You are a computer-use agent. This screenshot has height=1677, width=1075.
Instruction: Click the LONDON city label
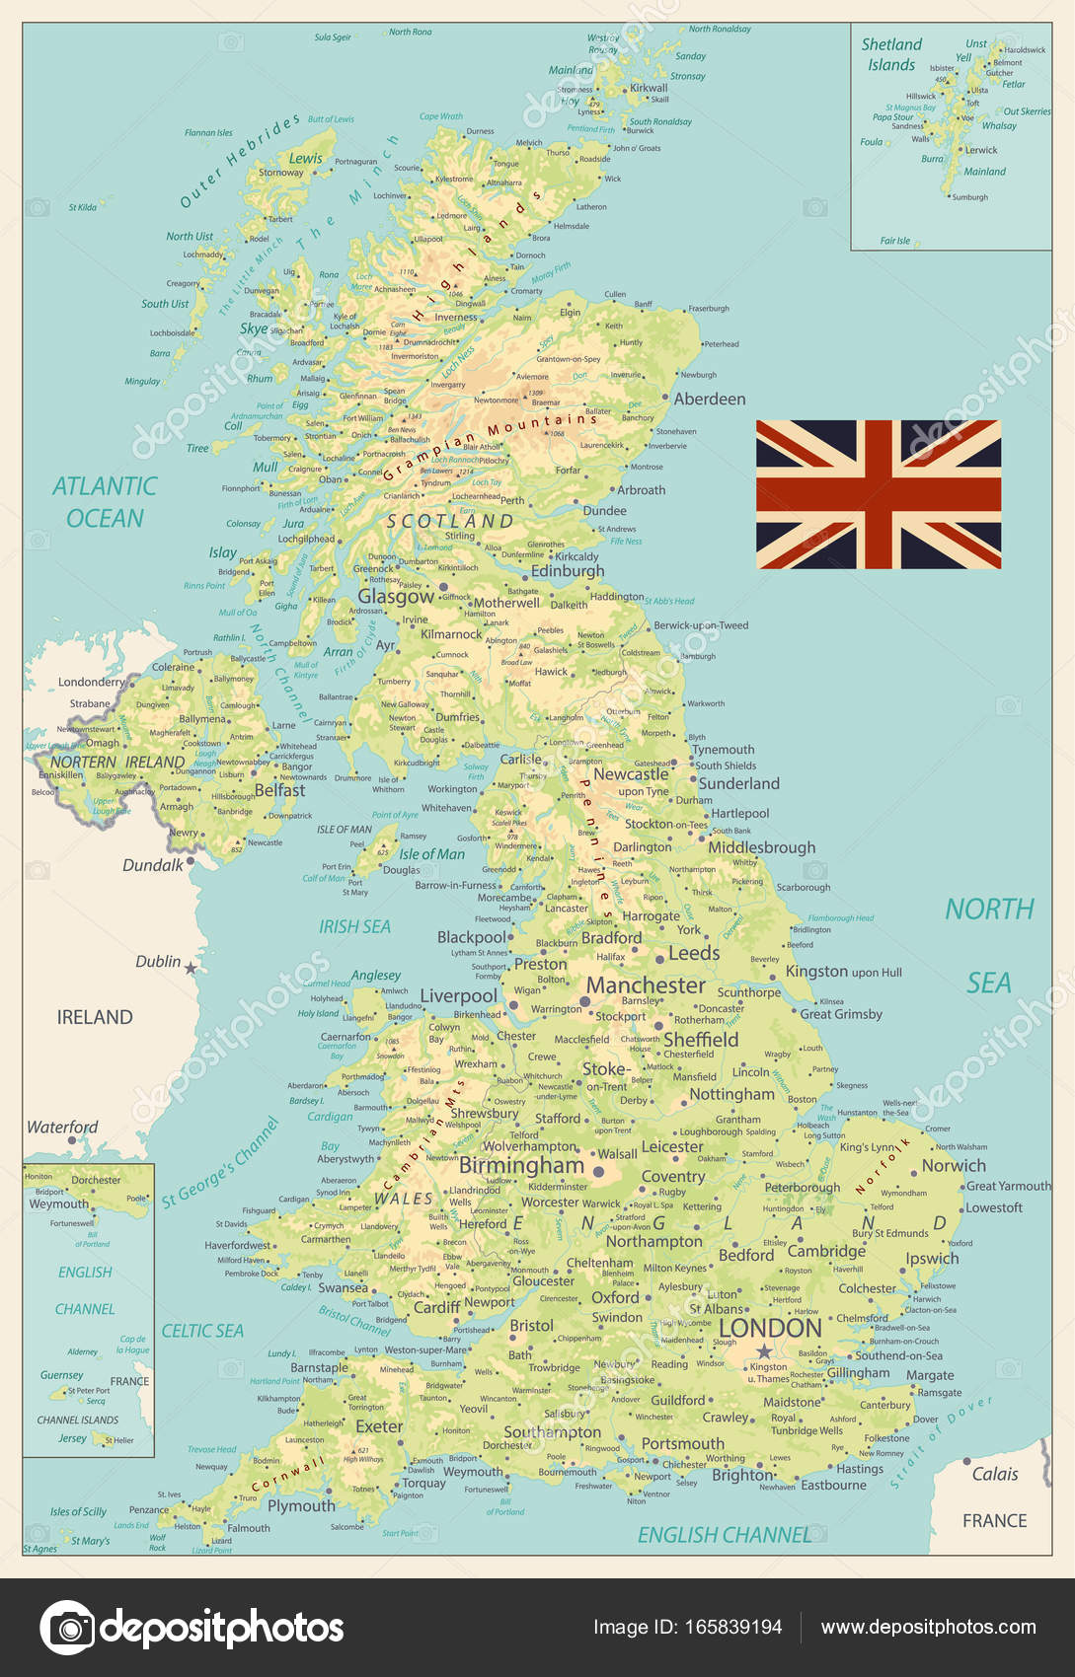coord(770,1328)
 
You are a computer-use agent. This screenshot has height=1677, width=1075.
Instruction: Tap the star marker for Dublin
coord(191,969)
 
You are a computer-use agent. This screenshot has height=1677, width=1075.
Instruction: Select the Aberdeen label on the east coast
coord(710,399)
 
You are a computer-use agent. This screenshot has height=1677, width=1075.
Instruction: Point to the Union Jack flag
coord(879,494)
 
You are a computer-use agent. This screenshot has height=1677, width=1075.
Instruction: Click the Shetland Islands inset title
coord(891,54)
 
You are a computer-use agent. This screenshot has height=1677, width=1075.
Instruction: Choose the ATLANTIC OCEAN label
coord(105,501)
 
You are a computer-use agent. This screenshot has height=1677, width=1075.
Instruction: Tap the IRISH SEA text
coord(354,926)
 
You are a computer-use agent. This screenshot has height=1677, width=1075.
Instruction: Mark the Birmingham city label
coord(521,1165)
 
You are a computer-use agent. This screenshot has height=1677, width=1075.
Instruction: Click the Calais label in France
coord(995,1474)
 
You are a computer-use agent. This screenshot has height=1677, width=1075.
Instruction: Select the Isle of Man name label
coord(431,854)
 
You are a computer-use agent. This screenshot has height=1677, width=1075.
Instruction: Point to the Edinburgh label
coord(568,570)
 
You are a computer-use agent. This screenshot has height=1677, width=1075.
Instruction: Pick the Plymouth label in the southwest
coord(301,1505)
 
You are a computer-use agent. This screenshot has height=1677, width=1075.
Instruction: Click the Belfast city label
coord(279,790)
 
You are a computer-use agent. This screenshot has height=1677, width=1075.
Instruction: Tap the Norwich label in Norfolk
coord(954,1165)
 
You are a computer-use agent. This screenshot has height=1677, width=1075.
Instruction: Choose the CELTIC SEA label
coord(202,1331)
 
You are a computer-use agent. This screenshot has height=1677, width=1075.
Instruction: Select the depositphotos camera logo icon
coord(67,1627)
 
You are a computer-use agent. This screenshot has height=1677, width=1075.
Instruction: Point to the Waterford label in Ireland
coord(62,1127)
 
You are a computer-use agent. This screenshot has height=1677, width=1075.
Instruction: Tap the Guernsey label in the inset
coord(61,1375)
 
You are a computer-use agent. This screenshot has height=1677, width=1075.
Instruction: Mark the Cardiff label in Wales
coord(436,1307)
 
